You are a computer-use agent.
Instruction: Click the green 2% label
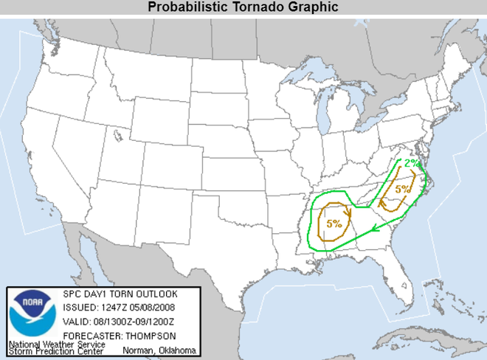411,162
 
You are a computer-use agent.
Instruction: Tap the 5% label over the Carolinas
403,190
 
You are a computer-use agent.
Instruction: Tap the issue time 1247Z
114,306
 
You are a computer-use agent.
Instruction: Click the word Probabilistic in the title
193,7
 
